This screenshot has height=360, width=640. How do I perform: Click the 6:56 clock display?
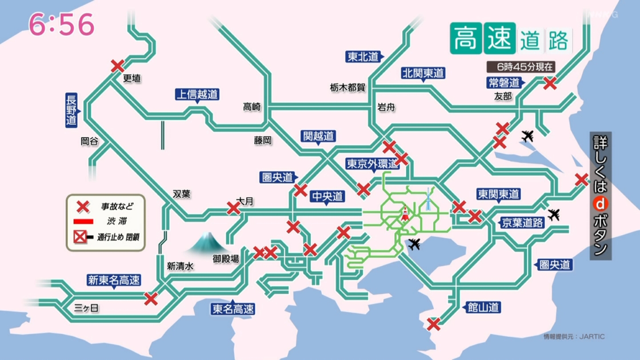(61, 24)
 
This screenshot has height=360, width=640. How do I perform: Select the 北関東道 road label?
(423, 73)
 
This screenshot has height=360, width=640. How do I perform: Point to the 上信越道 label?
(197, 95)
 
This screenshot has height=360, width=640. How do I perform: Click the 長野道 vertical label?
(72, 110)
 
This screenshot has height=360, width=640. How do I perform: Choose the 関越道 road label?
(318, 136)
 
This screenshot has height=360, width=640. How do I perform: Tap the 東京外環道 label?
(372, 164)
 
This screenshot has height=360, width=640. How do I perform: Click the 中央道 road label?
(328, 196)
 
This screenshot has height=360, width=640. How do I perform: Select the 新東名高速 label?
(114, 280)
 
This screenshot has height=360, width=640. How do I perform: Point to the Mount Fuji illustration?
(207, 243)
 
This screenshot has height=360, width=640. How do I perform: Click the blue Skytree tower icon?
(428, 199)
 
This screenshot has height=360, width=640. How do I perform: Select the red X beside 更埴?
(117, 66)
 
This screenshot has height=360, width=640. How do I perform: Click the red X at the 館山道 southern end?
(433, 324)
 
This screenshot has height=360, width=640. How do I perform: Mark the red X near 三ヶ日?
(151, 299)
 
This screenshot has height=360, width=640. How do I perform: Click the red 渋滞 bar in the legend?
(83, 221)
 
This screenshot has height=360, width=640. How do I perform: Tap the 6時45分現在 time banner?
(521, 67)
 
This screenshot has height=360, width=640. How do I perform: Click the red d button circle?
(600, 204)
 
